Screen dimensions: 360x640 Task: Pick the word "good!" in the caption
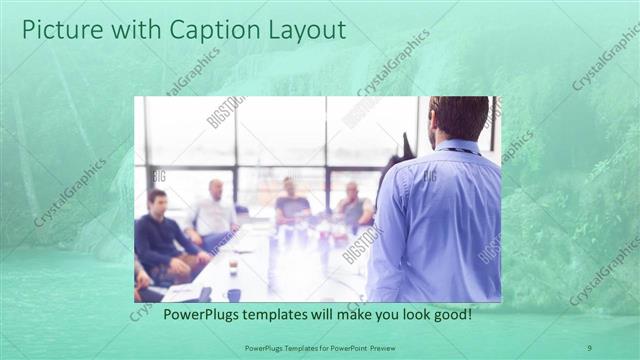pos(451,314)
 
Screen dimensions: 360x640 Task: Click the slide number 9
pos(589,347)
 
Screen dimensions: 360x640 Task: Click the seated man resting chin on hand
pos(353,207)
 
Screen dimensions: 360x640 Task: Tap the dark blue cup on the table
pos(233,294)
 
